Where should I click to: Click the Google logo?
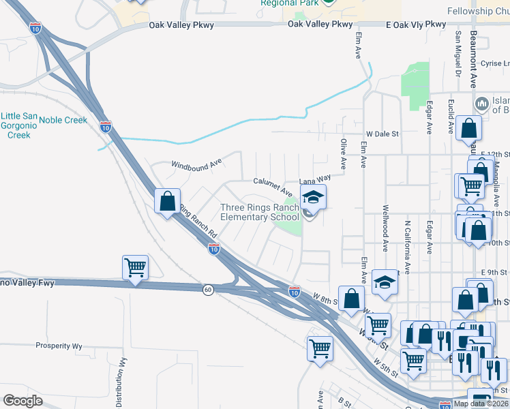(22, 401)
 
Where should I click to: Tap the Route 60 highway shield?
(208, 290)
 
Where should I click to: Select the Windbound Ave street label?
(197, 164)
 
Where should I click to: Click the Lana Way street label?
(316, 180)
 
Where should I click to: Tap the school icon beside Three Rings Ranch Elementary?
(312, 198)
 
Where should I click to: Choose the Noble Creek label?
(63, 120)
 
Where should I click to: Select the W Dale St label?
(382, 134)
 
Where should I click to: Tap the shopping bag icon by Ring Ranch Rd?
(167, 201)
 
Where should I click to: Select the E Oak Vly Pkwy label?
(415, 25)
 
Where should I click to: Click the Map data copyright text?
(481, 404)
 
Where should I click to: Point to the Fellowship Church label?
(478, 12)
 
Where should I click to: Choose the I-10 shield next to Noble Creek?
(105, 126)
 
